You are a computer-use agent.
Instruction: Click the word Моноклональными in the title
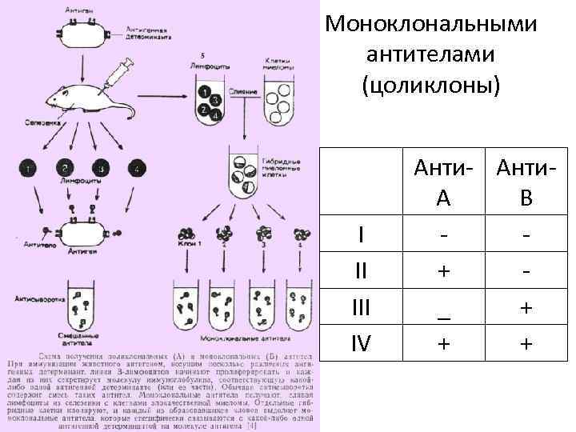[x=431, y=25]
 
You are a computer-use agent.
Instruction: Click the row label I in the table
[x=362, y=235]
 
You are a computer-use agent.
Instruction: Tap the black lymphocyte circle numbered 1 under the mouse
[x=29, y=169]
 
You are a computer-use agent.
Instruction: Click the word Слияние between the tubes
[x=243, y=93]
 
